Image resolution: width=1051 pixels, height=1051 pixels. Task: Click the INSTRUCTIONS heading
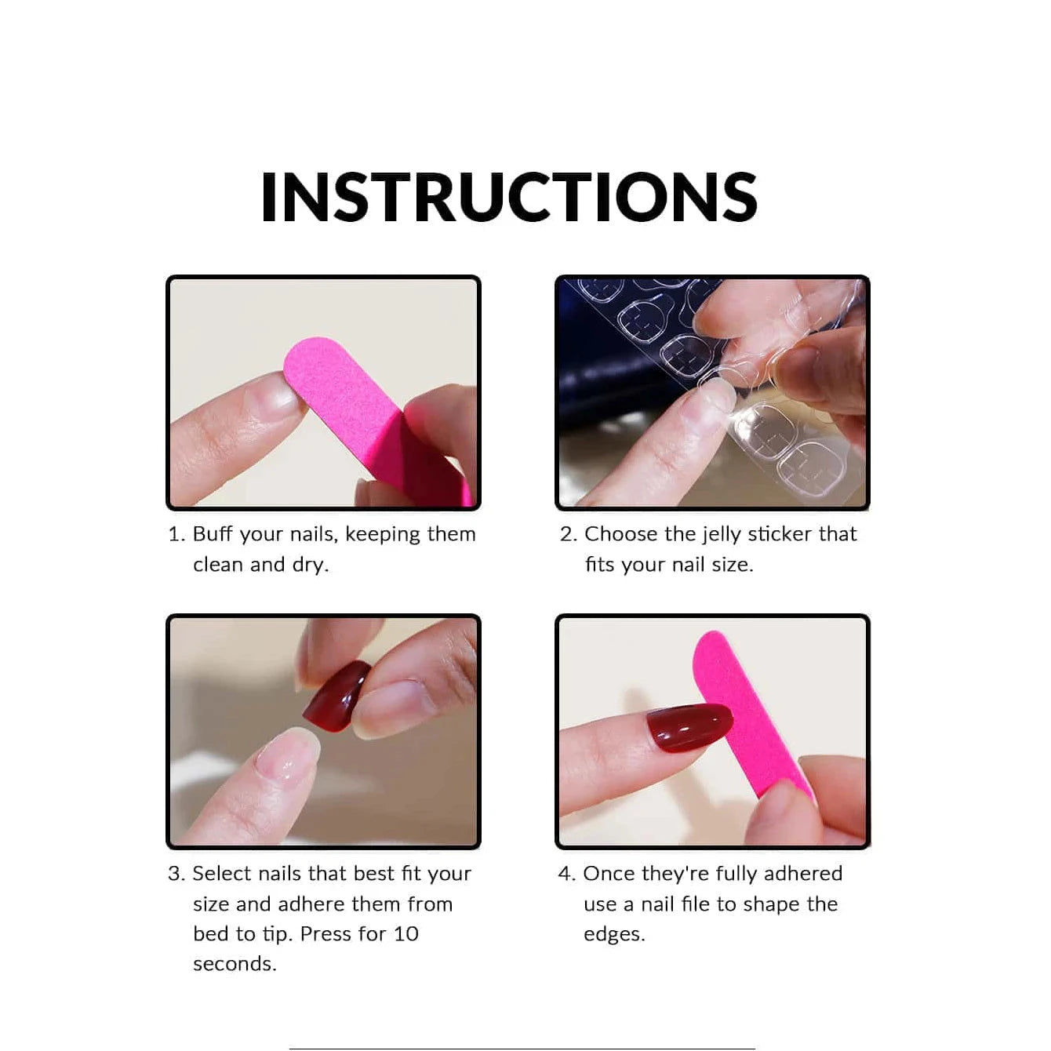[x=509, y=197]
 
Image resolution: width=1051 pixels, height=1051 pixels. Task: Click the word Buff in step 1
[x=212, y=534]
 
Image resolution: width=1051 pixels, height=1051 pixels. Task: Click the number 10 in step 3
[x=405, y=934]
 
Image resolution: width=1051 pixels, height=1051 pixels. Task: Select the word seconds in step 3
[x=234, y=964]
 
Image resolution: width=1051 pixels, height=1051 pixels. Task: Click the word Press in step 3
[x=325, y=934]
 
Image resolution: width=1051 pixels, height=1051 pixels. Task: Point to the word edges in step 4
[x=613, y=934]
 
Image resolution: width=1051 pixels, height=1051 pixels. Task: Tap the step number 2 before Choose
[x=566, y=534]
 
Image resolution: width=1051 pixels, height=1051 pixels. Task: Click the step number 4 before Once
[x=566, y=874]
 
